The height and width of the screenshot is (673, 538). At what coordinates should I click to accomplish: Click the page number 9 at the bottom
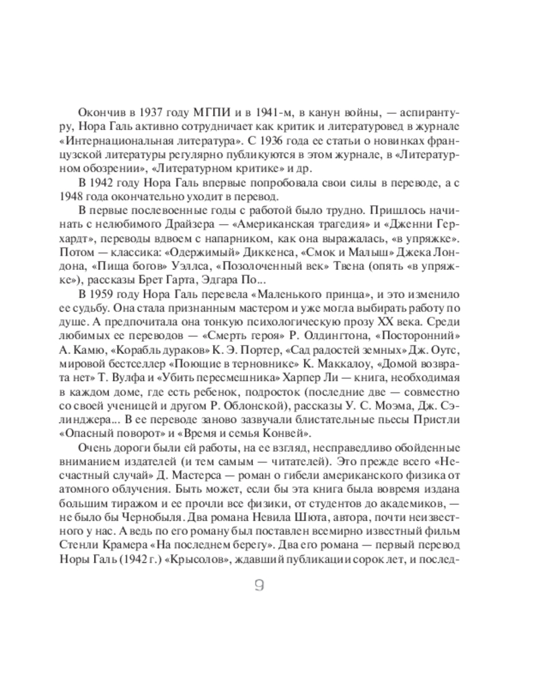tap(259, 586)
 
